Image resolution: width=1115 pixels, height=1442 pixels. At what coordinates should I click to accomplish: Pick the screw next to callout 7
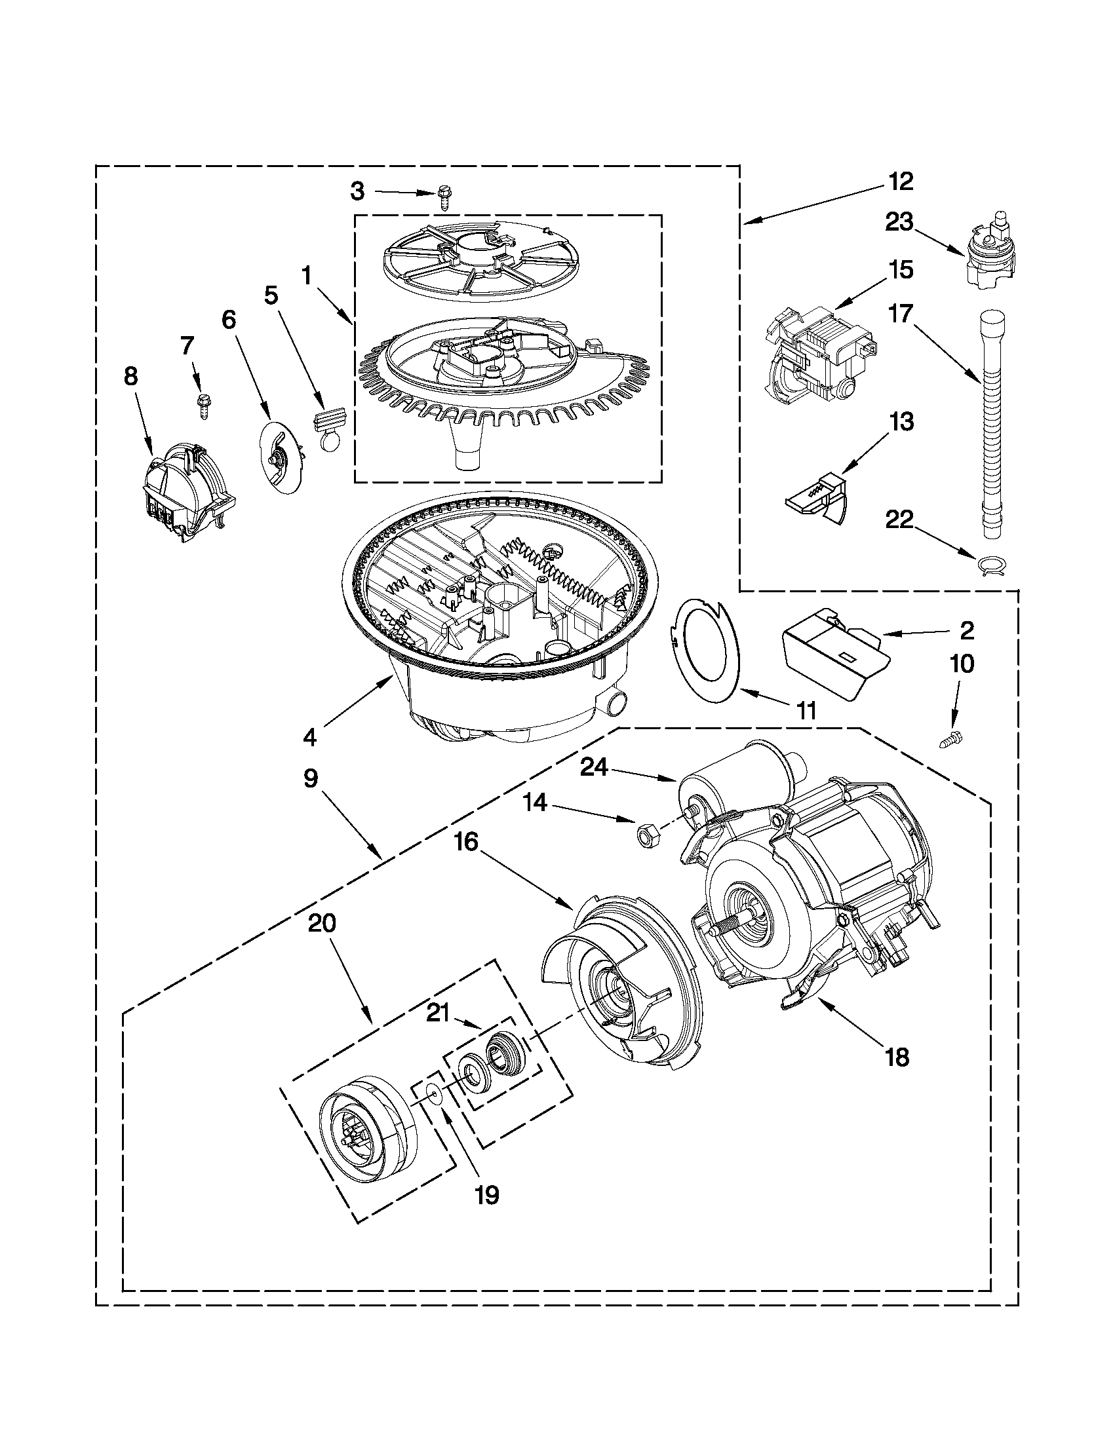pos(200,404)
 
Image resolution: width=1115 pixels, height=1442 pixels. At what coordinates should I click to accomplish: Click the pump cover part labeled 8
pos(182,489)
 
